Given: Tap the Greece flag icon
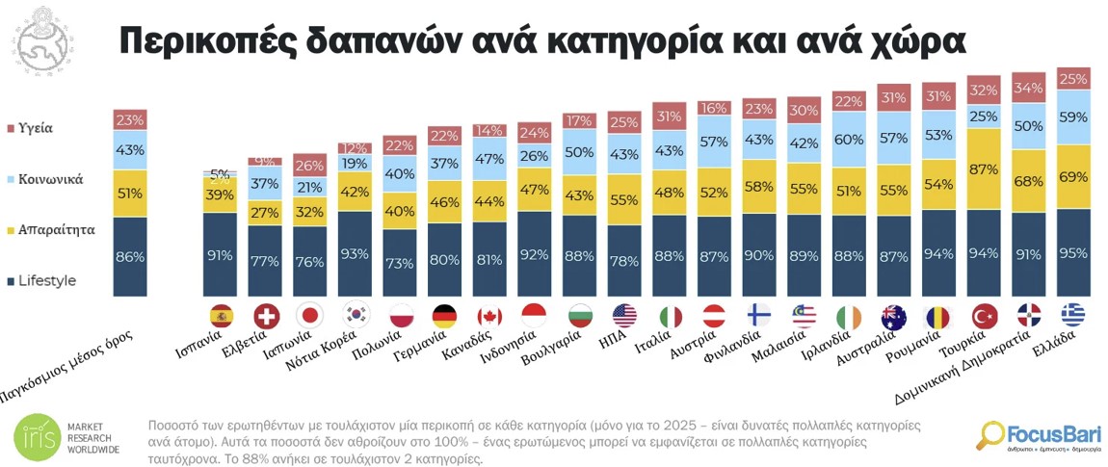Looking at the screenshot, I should [1072, 316].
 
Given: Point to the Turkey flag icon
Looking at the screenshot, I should [982, 316].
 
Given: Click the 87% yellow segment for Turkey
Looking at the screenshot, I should [982, 169].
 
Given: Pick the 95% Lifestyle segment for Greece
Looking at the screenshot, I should [1072, 253].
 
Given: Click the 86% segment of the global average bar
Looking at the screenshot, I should [130, 257].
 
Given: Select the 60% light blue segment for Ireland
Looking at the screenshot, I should [849, 140].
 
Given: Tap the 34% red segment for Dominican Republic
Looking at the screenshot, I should [1027, 89].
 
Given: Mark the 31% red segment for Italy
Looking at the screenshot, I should [668, 116].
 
